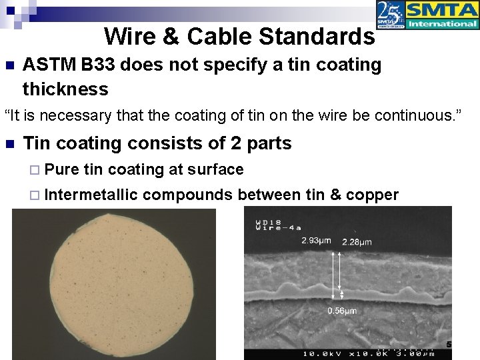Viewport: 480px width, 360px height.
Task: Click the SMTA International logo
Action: (441, 15)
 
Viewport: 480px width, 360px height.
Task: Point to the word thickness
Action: (65, 89)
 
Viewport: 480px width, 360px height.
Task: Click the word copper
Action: (373, 195)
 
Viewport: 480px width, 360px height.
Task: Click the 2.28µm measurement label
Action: (357, 241)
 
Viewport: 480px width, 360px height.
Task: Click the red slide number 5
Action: (449, 344)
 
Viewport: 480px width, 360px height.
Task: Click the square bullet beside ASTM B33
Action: (9, 65)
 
